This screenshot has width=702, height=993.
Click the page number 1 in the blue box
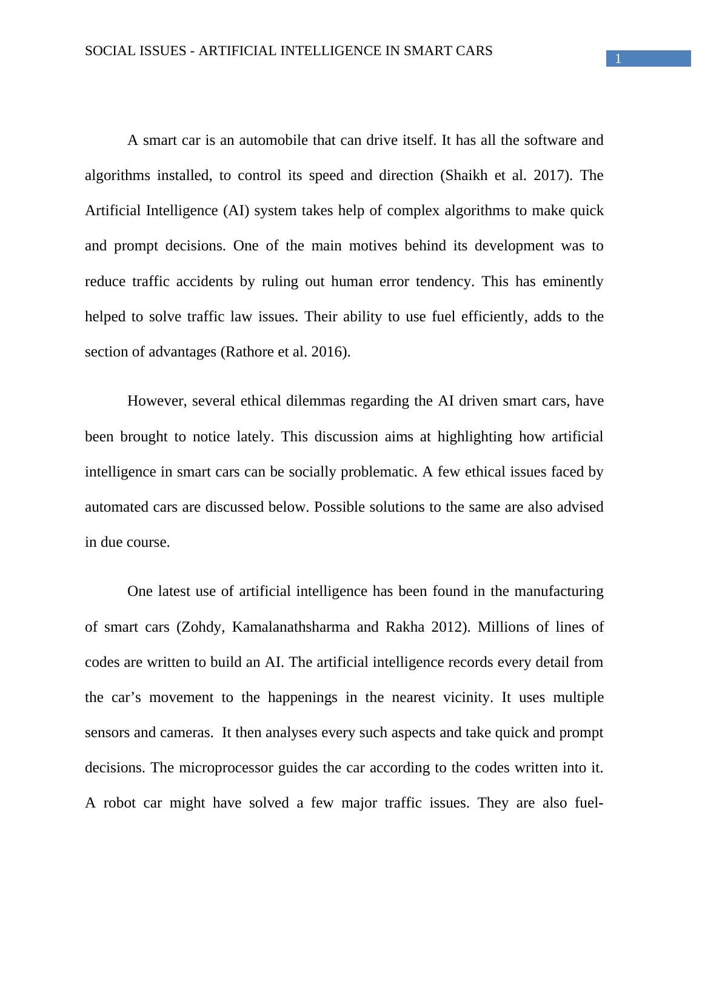pos(618,59)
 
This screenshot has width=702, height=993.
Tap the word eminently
pos(573,282)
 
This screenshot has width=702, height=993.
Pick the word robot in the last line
pos(119,803)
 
